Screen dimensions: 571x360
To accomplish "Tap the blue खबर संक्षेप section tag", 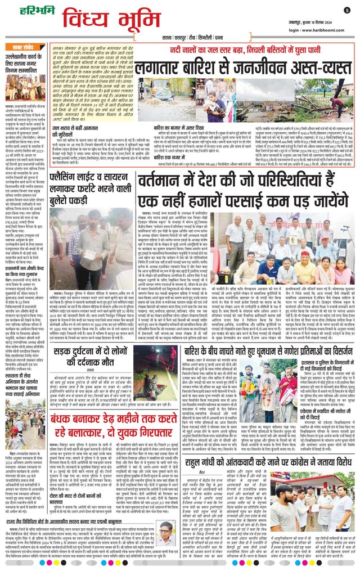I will [24, 47].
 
